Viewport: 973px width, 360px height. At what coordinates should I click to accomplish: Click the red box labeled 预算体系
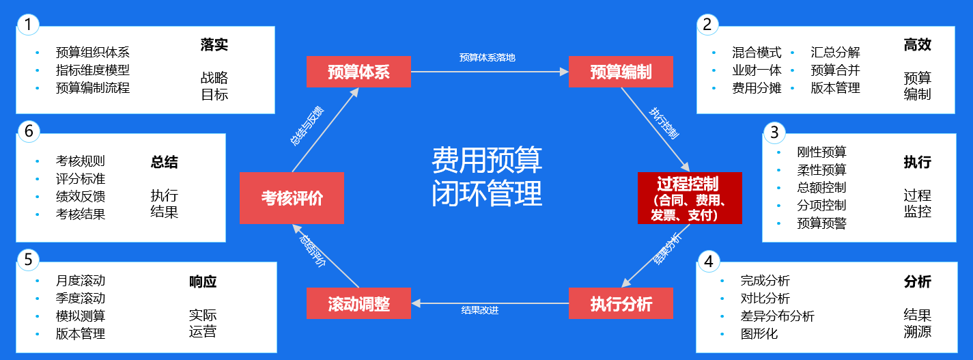(x=358, y=72)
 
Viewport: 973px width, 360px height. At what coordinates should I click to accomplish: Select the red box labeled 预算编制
(x=621, y=72)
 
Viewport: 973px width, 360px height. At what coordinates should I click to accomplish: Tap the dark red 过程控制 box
(x=690, y=198)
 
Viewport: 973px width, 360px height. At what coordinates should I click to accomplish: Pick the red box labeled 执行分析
(x=621, y=304)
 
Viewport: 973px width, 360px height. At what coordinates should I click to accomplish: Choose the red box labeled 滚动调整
(x=358, y=304)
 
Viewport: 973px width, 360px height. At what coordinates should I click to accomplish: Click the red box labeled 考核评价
(x=292, y=198)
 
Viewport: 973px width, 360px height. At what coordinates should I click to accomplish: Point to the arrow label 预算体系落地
(x=488, y=57)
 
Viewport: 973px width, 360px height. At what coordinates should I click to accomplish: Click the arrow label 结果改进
(x=480, y=310)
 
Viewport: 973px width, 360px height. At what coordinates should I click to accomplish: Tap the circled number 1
(x=28, y=25)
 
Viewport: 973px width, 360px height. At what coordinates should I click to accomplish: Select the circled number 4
(x=708, y=261)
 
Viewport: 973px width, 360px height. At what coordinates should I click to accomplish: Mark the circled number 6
(x=28, y=131)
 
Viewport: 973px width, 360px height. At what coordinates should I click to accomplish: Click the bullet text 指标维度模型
(x=92, y=70)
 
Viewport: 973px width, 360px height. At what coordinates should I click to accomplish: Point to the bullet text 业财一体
(x=757, y=70)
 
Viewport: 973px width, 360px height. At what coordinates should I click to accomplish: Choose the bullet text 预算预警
(x=821, y=223)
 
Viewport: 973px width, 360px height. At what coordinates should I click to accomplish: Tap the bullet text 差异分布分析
(x=777, y=316)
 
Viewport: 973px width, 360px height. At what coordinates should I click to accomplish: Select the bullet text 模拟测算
(x=81, y=316)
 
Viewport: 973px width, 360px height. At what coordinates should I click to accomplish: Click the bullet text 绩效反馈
(x=81, y=197)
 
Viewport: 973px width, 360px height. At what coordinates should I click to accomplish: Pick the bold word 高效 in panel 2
(x=917, y=45)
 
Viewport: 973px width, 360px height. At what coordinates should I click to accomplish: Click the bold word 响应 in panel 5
(x=203, y=281)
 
